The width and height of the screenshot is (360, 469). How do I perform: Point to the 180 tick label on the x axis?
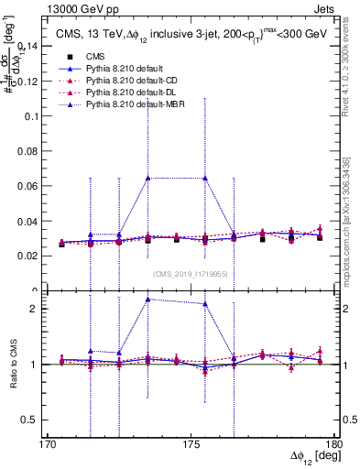click(333, 444)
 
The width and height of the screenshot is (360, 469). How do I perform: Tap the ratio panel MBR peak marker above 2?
click(148, 300)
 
